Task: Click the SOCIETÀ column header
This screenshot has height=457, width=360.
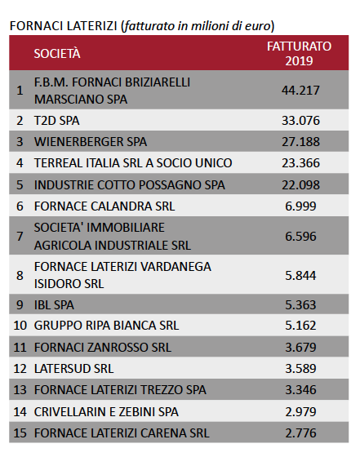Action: click(57, 53)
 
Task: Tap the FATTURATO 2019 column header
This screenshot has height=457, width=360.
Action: click(299, 53)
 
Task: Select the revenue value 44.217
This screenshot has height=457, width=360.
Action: click(300, 91)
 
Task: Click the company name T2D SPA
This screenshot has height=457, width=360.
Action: click(57, 121)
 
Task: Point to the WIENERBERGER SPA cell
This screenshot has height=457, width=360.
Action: click(91, 142)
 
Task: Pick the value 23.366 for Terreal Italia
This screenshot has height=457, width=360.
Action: click(300, 163)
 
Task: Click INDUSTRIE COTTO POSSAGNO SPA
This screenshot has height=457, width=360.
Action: click(130, 184)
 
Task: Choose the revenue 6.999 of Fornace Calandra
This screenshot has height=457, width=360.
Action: click(300, 206)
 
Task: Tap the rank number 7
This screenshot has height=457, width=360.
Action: click(20, 236)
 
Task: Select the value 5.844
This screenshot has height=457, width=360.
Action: click(300, 275)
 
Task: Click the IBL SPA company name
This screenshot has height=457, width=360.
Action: click(54, 305)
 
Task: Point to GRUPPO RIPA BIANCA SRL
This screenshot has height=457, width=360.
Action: click(106, 326)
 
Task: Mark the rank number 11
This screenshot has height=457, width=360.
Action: click(20, 347)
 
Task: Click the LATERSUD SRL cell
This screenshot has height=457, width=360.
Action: click(73, 368)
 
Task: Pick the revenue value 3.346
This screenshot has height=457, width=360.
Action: click(300, 390)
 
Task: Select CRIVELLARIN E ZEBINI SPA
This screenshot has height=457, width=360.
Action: click(106, 412)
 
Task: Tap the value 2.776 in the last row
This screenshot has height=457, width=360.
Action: click(300, 433)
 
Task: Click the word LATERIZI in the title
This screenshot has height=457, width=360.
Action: click(91, 26)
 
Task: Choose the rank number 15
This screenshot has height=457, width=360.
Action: click(20, 433)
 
